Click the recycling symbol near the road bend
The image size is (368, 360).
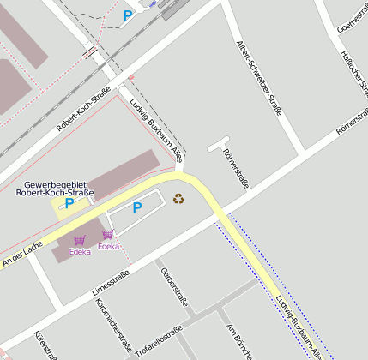point(178,199)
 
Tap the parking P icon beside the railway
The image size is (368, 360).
point(128,15)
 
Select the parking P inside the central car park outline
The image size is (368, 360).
point(136,207)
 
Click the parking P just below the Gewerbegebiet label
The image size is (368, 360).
point(69,203)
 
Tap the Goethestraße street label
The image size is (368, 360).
point(352,16)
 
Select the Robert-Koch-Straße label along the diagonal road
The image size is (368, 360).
point(84,109)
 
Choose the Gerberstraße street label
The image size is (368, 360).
point(174,287)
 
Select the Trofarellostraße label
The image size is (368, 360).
point(160,340)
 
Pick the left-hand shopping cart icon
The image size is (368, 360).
point(79,241)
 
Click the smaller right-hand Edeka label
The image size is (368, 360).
point(108,247)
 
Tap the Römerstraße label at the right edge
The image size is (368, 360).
point(352,121)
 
